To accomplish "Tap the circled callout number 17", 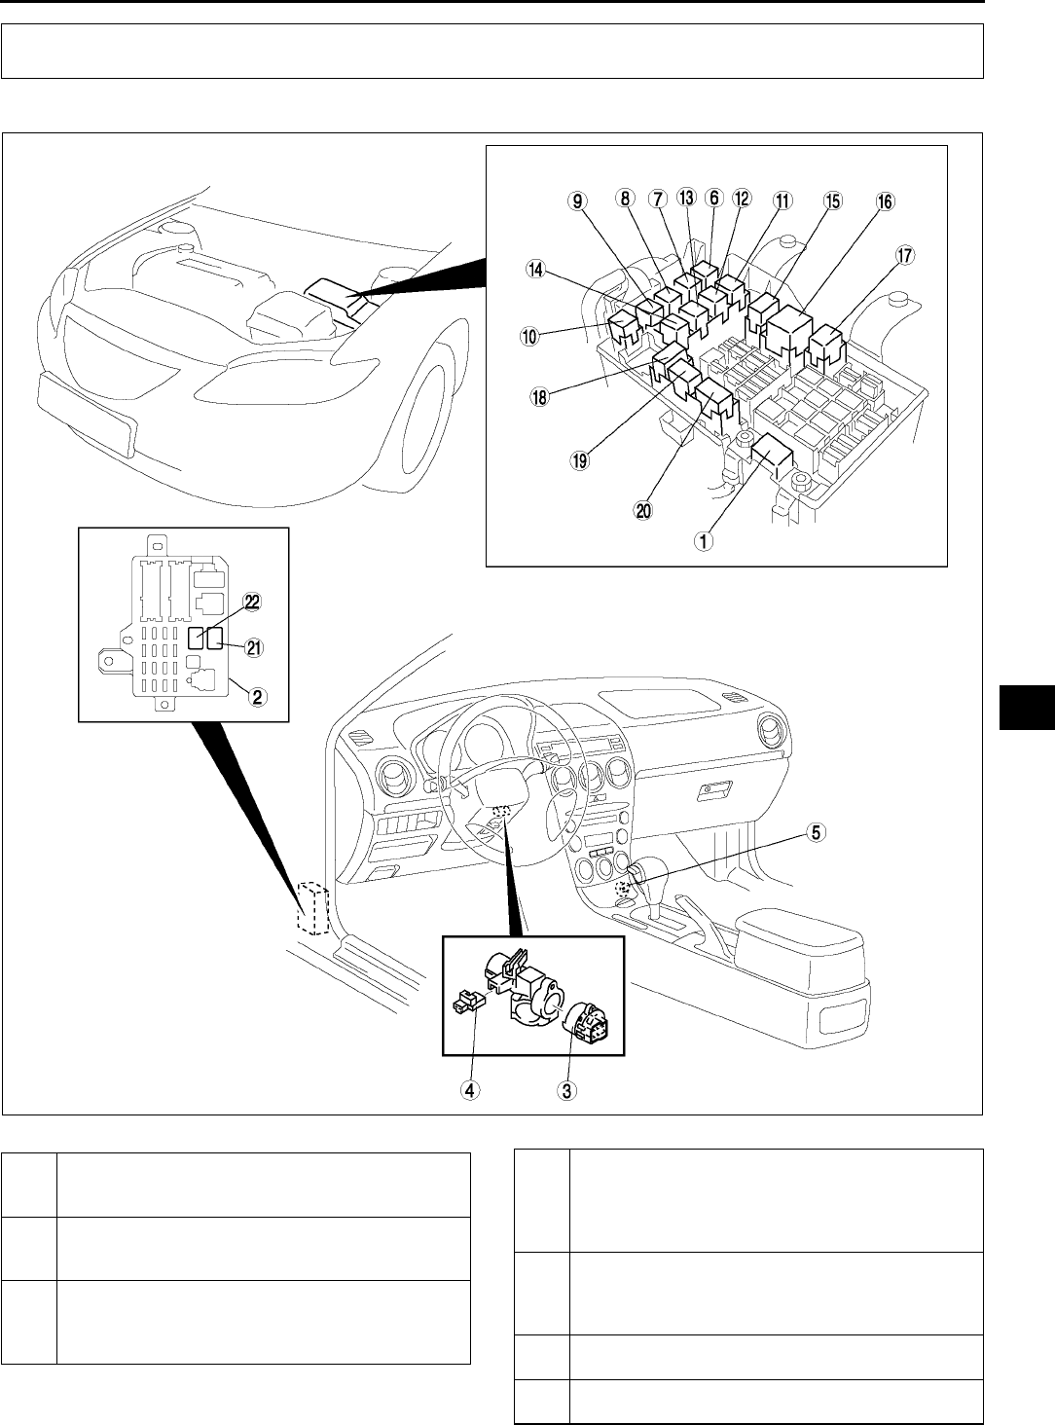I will pos(904,256).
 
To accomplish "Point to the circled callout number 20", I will pos(643,510).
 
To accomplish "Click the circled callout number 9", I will pos(578,201).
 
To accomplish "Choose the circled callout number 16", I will pos(883,201).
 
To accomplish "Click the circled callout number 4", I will pos(470,1091).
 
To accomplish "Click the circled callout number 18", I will pos(531,396).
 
